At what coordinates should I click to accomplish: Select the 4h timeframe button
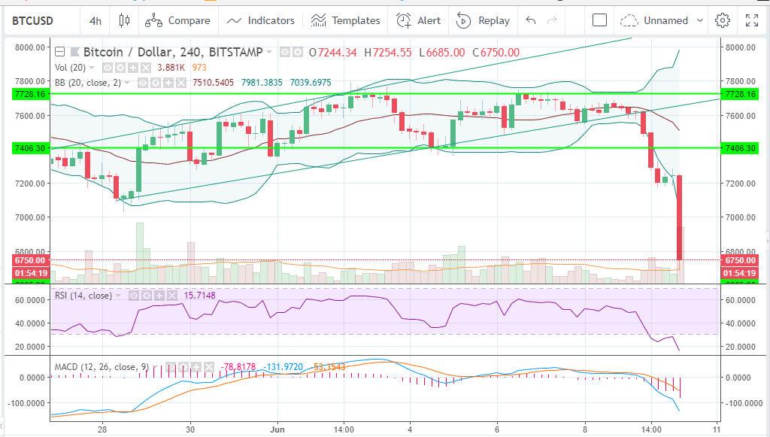tap(95, 21)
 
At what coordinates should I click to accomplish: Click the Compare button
tap(177, 21)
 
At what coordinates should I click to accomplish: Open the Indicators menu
tap(262, 21)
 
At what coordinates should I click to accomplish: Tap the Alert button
tap(419, 21)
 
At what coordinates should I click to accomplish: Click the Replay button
tap(483, 21)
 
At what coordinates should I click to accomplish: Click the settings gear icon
tap(723, 21)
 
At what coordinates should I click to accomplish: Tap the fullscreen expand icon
tap(751, 21)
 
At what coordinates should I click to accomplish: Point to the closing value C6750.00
tap(496, 52)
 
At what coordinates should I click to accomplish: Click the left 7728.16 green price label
tap(31, 94)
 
